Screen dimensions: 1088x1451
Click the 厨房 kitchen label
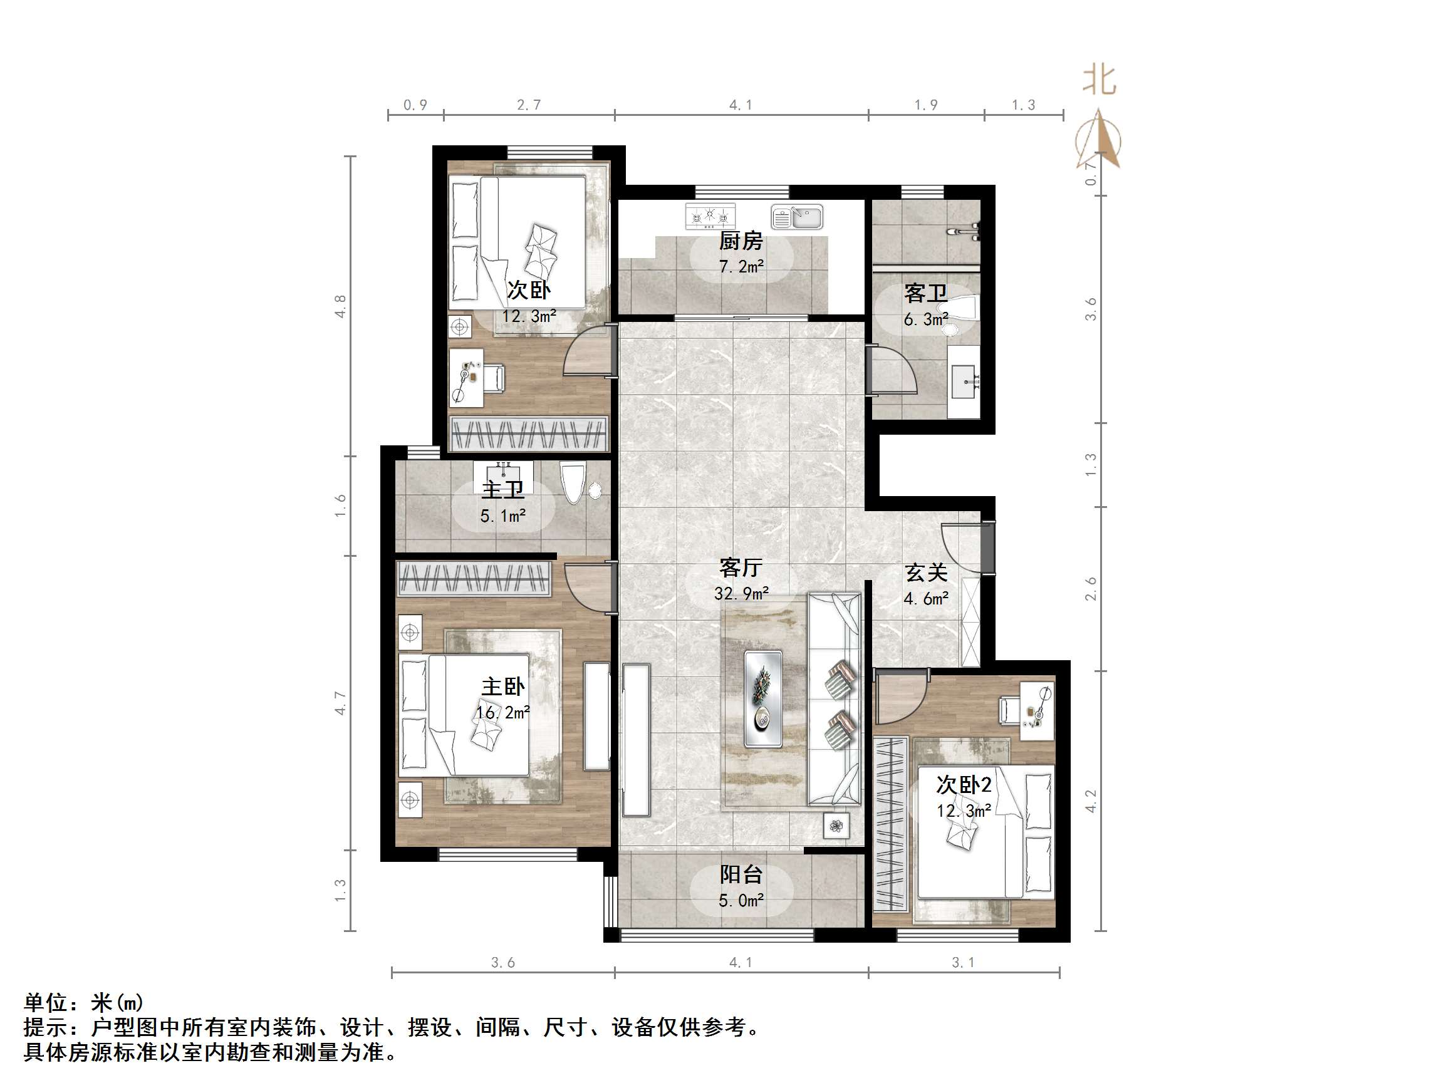(x=741, y=241)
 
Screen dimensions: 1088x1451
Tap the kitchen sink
(x=797, y=217)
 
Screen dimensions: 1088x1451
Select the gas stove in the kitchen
(x=710, y=215)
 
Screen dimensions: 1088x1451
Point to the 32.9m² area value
(x=741, y=594)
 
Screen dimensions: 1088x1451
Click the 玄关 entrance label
(x=925, y=573)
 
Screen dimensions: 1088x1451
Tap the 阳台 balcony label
(x=741, y=874)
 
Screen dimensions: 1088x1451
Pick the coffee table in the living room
(x=763, y=698)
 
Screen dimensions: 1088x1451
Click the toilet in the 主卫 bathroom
(x=573, y=482)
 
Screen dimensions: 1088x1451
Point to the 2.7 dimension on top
(x=529, y=105)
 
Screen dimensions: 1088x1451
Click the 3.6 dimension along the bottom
(x=502, y=963)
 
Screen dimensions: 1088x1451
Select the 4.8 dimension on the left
(x=340, y=306)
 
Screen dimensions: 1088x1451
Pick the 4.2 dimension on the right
(x=1091, y=800)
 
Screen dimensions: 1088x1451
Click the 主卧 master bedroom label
(x=502, y=686)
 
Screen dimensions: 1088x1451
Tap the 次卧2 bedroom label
(x=964, y=785)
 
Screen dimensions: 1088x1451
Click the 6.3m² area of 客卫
(x=925, y=319)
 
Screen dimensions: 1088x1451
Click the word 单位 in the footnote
(x=46, y=1003)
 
